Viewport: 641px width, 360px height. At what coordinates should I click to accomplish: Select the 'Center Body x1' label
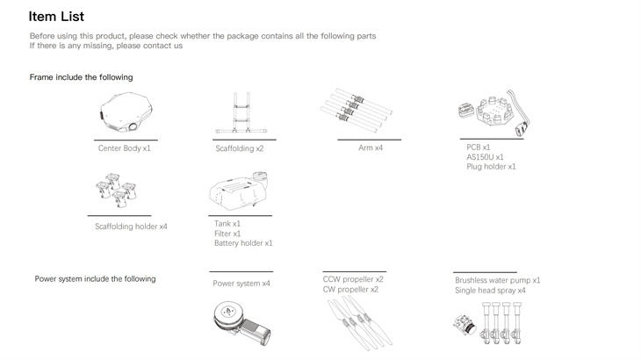125,148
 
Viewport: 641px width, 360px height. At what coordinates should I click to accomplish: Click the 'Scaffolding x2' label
240,148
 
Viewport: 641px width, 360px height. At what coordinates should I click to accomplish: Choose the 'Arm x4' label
371,148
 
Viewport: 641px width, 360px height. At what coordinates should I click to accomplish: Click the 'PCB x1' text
479,148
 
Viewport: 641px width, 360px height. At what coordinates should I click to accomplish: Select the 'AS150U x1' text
485,157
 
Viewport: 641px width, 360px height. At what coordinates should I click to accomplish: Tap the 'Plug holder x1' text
491,166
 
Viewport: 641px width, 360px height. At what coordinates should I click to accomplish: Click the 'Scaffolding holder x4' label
131,227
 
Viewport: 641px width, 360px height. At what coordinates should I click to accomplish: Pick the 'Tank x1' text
227,224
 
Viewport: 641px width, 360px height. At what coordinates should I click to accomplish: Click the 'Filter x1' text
227,234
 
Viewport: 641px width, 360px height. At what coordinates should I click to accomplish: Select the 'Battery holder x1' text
243,243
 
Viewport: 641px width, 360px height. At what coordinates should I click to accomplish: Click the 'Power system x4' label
241,284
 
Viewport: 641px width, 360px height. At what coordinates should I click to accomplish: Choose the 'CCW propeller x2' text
353,279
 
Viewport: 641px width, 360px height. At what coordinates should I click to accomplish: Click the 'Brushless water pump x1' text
497,280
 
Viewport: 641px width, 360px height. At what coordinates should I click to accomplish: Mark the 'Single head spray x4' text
490,290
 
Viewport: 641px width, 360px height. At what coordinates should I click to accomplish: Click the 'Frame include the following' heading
81,77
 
